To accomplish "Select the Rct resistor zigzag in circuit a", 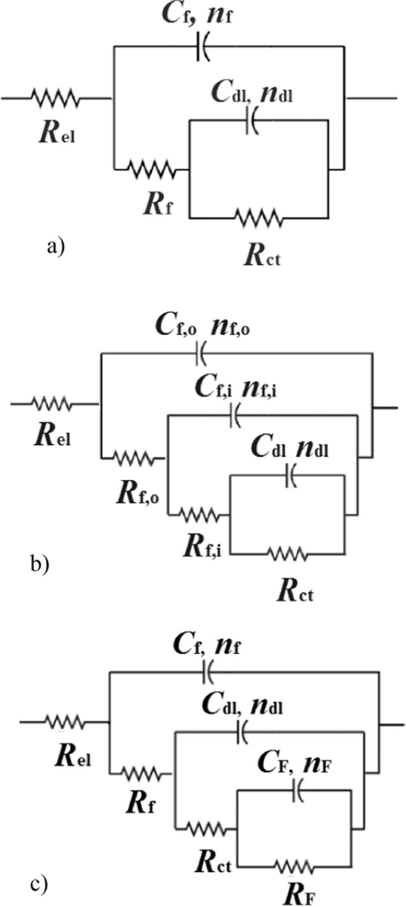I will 258,218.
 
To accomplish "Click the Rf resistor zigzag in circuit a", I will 151,169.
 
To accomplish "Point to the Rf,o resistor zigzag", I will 133,458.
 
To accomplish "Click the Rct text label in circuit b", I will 295,593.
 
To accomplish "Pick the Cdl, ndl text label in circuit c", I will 242,706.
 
